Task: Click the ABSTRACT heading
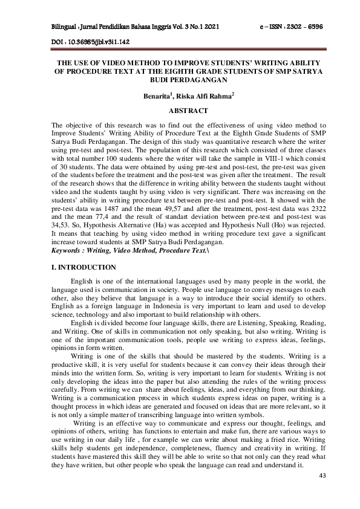tap(180, 111)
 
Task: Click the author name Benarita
tap(159, 96)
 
